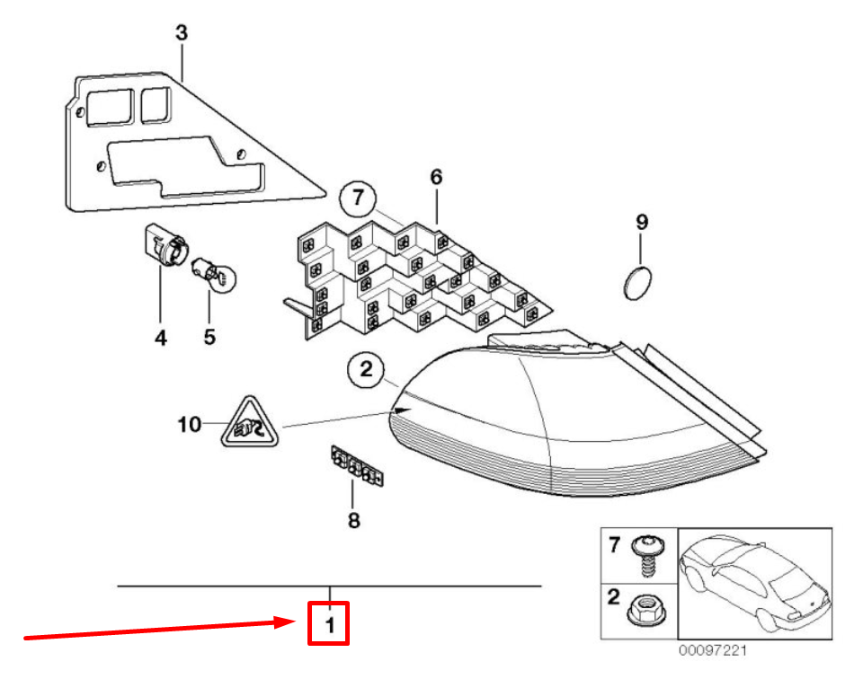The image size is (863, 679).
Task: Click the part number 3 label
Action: pos(182,32)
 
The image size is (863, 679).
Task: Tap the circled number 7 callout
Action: pos(358,198)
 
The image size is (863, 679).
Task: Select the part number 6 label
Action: pos(436,176)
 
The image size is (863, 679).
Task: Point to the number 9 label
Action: pos(642,222)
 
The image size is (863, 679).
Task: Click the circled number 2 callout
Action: pos(366,369)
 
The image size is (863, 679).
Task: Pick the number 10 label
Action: pos(190,425)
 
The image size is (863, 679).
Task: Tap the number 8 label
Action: pos(354,520)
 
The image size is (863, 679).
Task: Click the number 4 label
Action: pos(160,338)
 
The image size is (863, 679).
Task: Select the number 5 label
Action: pos(209,337)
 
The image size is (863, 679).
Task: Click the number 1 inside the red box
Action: pos(330,626)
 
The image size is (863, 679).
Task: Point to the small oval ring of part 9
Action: pos(637,283)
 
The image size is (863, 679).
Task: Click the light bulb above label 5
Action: pos(214,274)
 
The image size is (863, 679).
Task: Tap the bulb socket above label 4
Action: pos(166,246)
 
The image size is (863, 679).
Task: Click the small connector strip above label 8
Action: pos(357,465)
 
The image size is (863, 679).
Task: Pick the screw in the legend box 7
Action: pos(648,555)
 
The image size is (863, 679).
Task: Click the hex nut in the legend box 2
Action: pos(645,610)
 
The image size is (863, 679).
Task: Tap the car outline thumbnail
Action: pos(754,584)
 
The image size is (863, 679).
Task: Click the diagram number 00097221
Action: pos(712,650)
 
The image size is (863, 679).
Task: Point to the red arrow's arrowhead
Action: pos(287,622)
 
